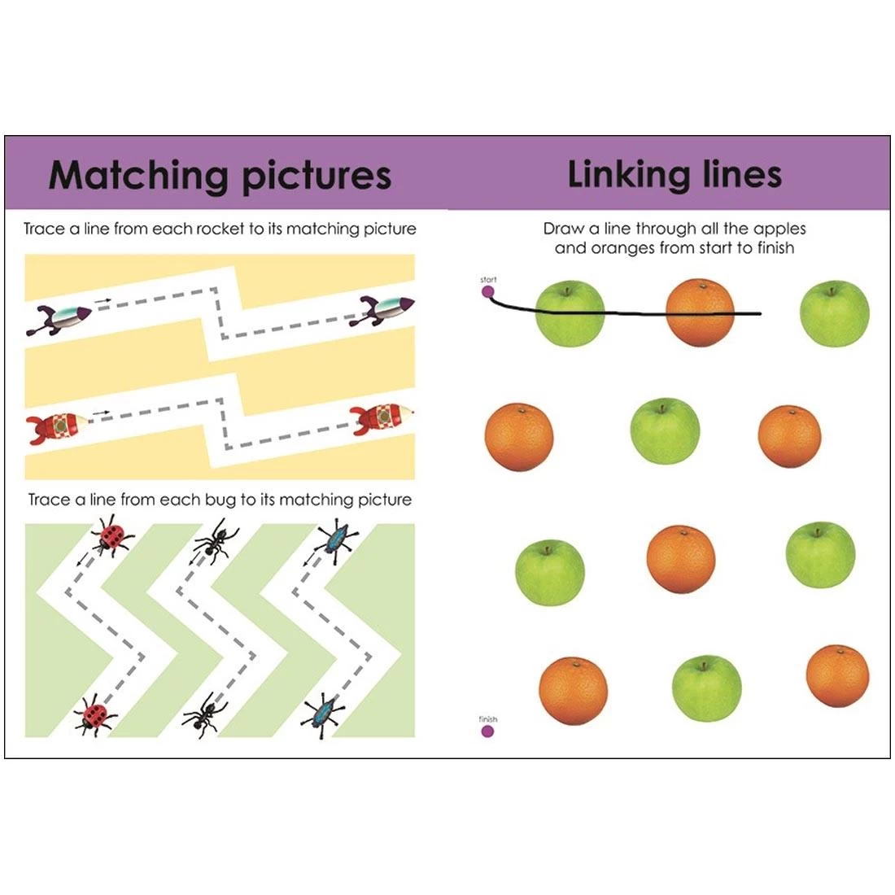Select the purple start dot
[488, 291]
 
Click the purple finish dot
[487, 731]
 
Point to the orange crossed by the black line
[700, 312]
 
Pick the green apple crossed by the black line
[570, 313]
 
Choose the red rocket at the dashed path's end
[382, 417]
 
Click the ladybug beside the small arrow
[110, 538]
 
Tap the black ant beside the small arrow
[213, 541]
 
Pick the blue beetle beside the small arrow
[334, 538]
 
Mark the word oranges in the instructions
[622, 248]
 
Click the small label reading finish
[487, 718]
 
